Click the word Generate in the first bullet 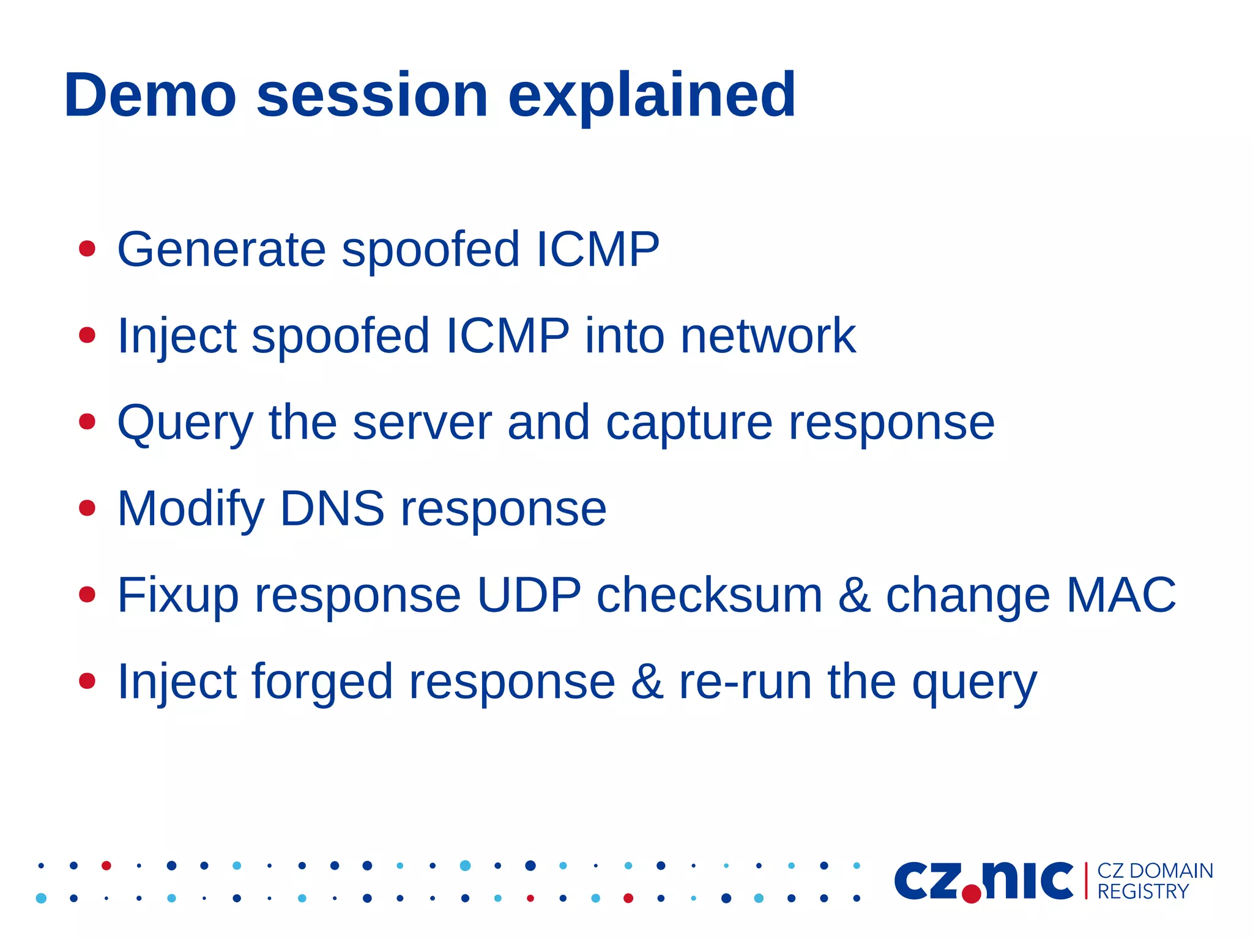pyautogui.click(x=221, y=250)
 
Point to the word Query pyautogui.click(x=185, y=423)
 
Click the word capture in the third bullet pyautogui.click(x=689, y=423)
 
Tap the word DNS pyautogui.click(x=332, y=508)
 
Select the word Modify pyautogui.click(x=191, y=510)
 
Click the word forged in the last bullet pyautogui.click(x=322, y=683)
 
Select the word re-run pyautogui.click(x=745, y=683)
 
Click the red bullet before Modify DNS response pyautogui.click(x=87, y=508)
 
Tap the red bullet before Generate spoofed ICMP pyautogui.click(x=87, y=249)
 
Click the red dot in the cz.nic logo pyautogui.click(x=971, y=894)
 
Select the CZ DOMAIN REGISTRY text pyautogui.click(x=1154, y=881)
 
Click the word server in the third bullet pyautogui.click(x=422, y=423)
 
